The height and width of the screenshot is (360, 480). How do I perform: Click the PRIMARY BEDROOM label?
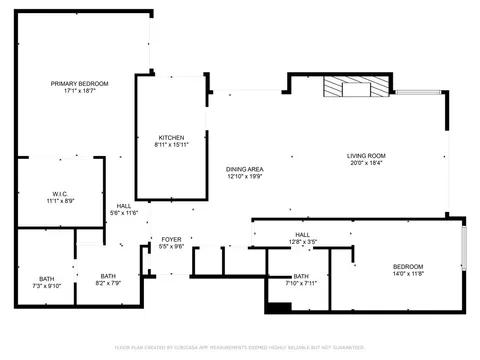click(79, 83)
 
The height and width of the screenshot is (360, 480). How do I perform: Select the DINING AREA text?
click(244, 169)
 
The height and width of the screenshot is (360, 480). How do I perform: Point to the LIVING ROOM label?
click(366, 155)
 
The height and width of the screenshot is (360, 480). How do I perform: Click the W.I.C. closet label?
click(60, 193)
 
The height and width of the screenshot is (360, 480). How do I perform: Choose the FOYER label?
click(172, 239)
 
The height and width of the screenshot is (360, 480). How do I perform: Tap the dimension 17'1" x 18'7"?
click(79, 91)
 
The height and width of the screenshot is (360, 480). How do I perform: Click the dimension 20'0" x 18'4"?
click(366, 163)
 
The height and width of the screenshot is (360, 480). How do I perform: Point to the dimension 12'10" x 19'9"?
click(244, 177)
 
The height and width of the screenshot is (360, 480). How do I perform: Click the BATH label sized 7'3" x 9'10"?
click(47, 278)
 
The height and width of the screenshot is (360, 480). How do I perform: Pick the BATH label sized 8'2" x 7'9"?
click(108, 276)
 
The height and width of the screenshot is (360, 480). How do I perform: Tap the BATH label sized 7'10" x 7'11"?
click(301, 276)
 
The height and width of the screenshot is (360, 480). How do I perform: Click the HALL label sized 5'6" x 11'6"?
click(123, 206)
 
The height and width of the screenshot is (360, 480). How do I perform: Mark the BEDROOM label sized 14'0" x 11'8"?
click(407, 265)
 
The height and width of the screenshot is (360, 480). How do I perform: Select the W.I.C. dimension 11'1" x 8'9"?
click(60, 201)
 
